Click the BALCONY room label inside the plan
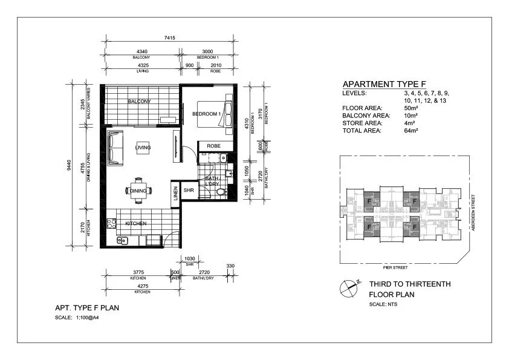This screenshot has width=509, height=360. click(139, 102)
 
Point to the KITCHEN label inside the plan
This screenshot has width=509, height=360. click(136, 224)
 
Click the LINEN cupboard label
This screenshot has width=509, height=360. click(176, 194)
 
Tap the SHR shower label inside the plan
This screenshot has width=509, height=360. click(189, 191)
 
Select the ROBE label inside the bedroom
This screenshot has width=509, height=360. click(213, 146)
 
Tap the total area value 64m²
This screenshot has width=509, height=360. click(413, 129)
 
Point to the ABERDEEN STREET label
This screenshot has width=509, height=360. click(475, 212)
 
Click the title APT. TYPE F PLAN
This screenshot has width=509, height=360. click(86, 308)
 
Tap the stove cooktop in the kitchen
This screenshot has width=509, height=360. click(111, 223)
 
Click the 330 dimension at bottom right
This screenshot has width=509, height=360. click(230, 266)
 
